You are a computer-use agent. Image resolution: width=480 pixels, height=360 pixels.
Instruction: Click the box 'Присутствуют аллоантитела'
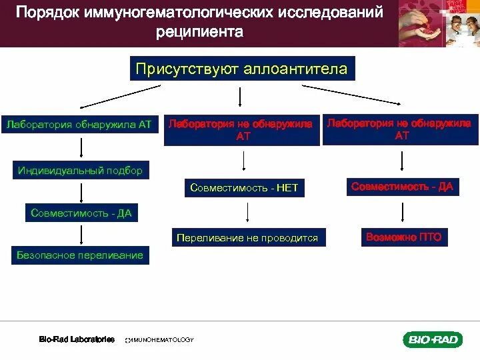coord(241,69)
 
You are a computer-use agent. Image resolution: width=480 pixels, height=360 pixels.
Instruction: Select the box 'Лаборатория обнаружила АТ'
coord(81,124)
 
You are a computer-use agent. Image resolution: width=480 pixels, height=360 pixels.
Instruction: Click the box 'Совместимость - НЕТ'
coord(244,189)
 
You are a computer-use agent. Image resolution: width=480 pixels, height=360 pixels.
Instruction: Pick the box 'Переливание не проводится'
coord(247,237)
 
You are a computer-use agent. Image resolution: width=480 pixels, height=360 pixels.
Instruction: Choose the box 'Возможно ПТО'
coord(402,237)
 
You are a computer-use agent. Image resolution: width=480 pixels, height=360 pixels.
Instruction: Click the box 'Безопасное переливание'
coord(81,255)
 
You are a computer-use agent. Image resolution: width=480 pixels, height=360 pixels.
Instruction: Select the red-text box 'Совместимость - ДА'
coord(402,187)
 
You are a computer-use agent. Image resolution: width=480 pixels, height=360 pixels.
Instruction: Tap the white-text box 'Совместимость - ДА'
coord(81,213)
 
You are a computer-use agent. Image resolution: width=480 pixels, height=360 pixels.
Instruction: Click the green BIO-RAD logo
coord(432,340)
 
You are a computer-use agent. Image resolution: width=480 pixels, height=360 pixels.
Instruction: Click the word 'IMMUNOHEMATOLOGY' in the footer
coord(160,340)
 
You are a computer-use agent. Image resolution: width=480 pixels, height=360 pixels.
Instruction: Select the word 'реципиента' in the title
coord(201,31)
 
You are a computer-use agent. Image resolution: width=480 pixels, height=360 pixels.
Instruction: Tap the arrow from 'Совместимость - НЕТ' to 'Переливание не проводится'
coord(248,212)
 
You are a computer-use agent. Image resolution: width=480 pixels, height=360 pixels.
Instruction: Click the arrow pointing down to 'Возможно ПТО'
coord(402,211)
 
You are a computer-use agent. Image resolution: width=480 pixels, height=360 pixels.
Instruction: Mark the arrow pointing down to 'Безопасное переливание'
coord(81,235)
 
